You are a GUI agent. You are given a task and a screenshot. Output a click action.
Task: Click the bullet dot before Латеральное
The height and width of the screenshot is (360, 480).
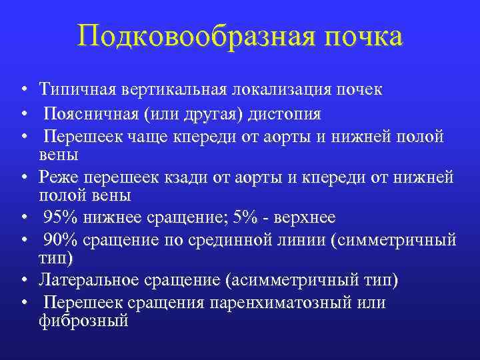click(x=23, y=279)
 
